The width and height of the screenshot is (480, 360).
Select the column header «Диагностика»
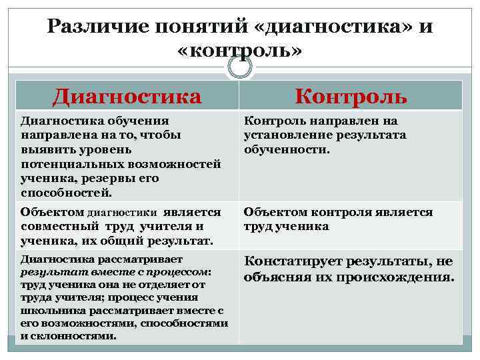(x=127, y=96)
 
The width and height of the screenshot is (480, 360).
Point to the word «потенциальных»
(x=67, y=163)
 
